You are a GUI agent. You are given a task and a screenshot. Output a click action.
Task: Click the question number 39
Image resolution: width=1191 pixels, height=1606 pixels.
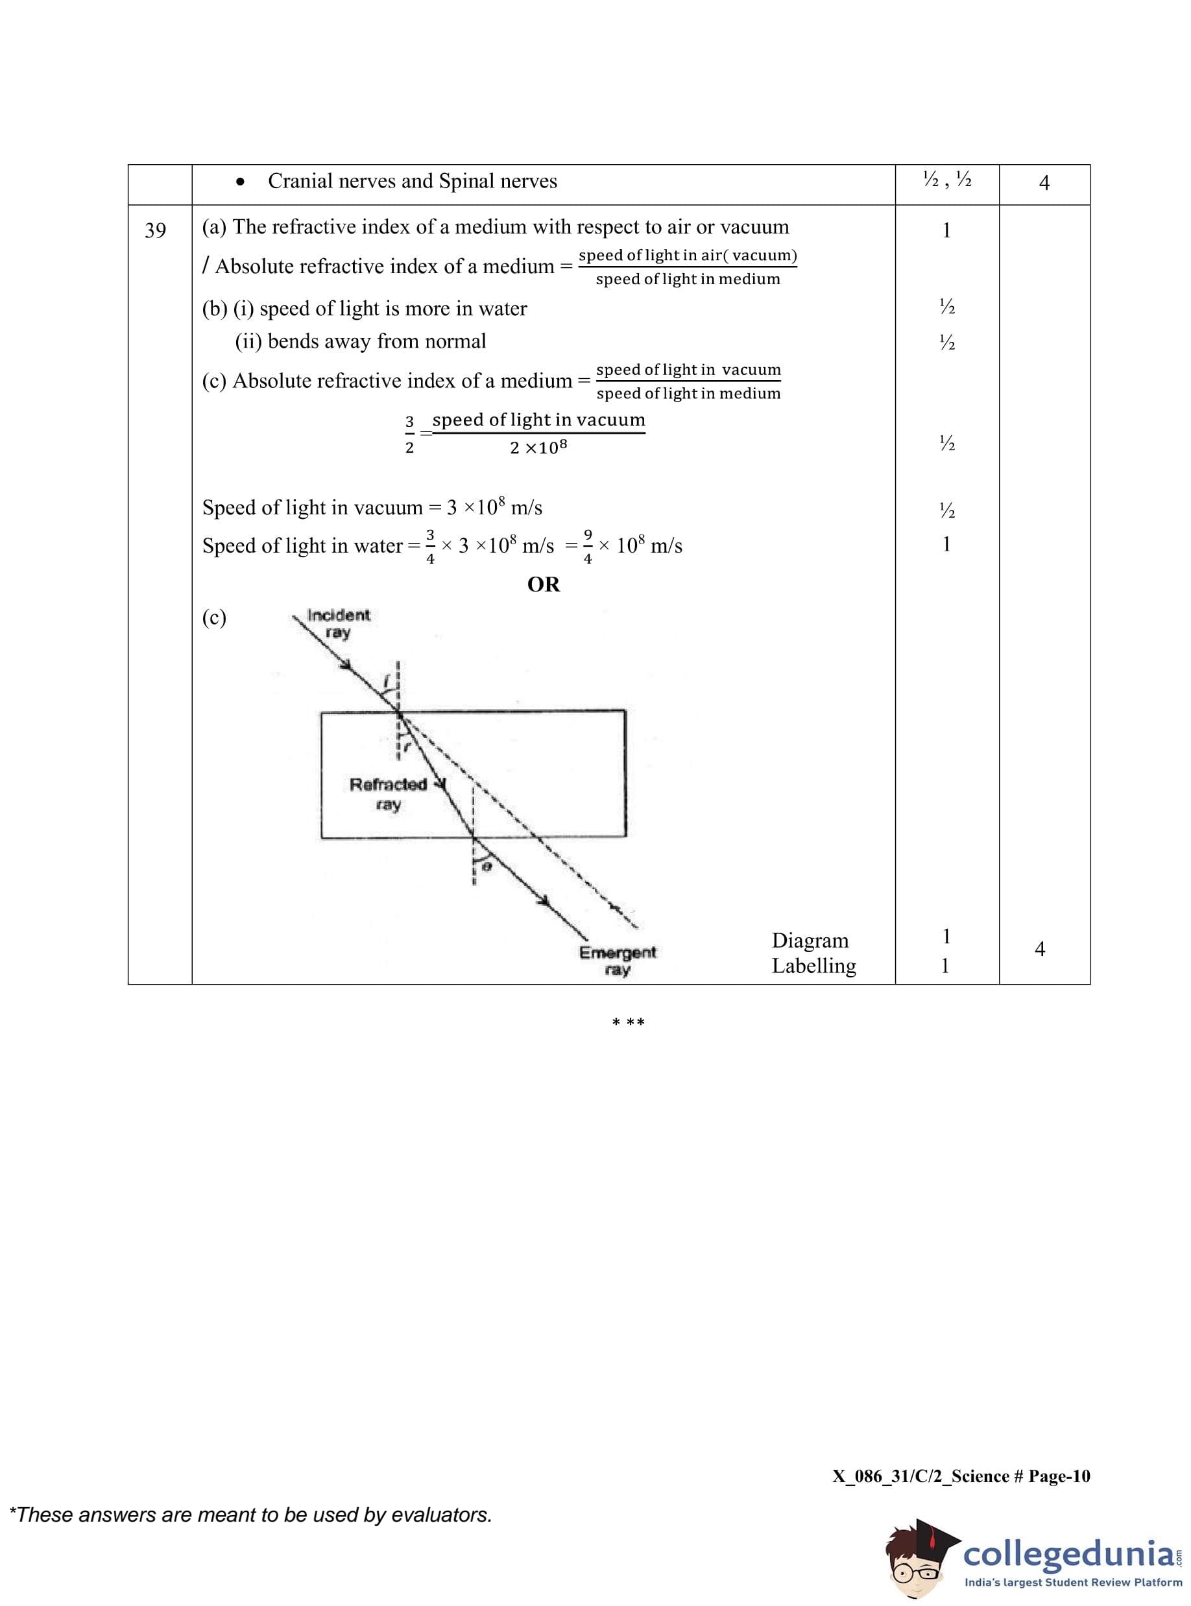(155, 231)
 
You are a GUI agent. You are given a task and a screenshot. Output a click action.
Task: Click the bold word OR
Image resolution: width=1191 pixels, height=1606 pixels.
(543, 584)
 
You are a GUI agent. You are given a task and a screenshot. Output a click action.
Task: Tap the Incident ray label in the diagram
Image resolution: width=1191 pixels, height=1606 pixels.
(337, 623)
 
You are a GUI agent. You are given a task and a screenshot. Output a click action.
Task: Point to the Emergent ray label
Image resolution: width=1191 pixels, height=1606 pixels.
(618, 960)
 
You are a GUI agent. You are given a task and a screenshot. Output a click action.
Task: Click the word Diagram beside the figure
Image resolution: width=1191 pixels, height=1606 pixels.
(810, 941)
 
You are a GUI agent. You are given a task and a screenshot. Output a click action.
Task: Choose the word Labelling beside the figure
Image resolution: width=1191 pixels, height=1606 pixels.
(814, 966)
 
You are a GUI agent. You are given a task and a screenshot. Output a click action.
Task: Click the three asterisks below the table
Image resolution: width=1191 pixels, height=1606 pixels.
(628, 1023)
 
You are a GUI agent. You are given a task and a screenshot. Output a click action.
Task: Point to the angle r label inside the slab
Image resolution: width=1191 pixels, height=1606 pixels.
(407, 747)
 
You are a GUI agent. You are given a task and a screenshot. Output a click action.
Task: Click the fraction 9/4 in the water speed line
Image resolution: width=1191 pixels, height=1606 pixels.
(588, 545)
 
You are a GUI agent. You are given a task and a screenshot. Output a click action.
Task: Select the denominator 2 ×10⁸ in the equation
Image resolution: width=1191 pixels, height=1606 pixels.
(538, 448)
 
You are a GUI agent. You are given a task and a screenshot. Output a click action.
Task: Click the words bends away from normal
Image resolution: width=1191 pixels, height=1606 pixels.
(376, 341)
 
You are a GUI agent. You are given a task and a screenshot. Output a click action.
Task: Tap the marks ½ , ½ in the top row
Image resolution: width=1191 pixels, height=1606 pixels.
(946, 180)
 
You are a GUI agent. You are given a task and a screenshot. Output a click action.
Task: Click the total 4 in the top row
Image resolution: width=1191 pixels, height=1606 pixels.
(1044, 183)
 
